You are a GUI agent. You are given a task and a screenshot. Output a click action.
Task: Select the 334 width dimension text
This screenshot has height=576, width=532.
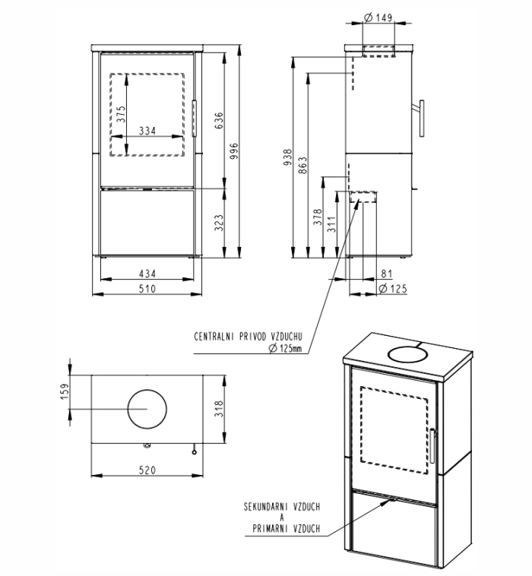147,131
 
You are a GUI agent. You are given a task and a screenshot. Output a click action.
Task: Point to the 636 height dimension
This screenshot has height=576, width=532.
219,119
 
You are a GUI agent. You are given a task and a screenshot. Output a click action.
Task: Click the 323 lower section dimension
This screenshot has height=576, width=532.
219,222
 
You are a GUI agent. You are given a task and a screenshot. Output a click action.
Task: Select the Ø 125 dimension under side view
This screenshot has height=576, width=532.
393,289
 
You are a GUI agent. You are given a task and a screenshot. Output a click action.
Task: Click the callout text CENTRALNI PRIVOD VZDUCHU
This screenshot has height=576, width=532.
249,335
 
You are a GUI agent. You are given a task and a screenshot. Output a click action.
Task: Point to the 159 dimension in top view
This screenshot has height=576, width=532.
64,391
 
